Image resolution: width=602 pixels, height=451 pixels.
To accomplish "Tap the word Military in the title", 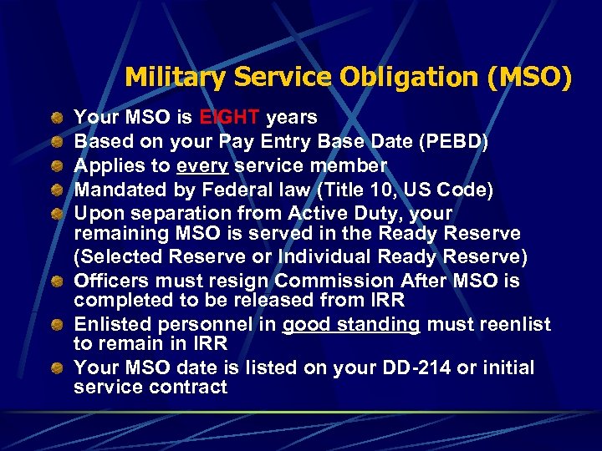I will point(176,79).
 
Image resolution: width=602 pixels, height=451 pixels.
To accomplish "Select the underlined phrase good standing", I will point(351,325).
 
